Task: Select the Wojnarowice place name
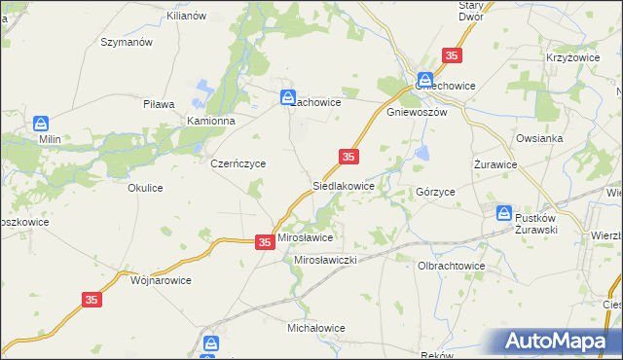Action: [161, 279]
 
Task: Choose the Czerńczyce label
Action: [238, 164]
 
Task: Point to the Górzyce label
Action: [435, 193]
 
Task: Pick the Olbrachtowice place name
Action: [451, 266]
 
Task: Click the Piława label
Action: [158, 103]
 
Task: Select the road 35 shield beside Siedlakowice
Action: [349, 157]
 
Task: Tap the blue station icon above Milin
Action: [40, 124]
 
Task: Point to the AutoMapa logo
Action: [557, 342]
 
